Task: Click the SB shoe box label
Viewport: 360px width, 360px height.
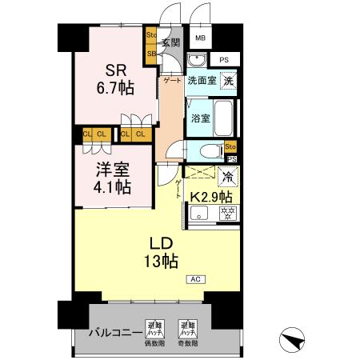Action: tap(151, 54)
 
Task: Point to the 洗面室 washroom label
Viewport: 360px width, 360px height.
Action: tap(201, 81)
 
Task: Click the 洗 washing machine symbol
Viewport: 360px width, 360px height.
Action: tap(229, 80)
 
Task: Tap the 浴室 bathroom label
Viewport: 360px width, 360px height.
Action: tap(200, 118)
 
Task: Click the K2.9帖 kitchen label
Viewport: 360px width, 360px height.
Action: tap(210, 196)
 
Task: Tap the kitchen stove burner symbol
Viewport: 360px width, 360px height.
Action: tap(228, 213)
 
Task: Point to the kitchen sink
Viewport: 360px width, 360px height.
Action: tap(199, 213)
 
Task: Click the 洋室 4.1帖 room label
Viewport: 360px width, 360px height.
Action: tap(112, 180)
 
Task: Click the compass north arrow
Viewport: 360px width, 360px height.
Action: tap(295, 339)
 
